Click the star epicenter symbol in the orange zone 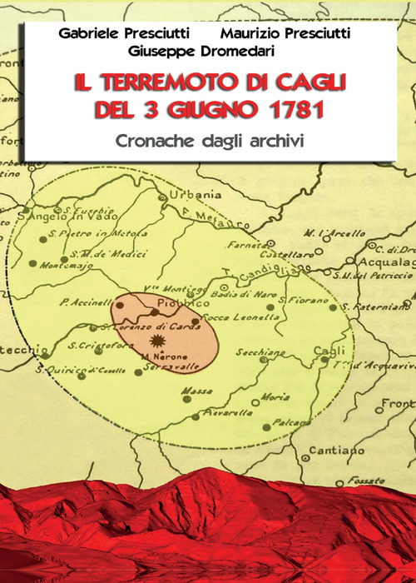156,341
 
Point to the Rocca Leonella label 225,317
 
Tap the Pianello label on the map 219,411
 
